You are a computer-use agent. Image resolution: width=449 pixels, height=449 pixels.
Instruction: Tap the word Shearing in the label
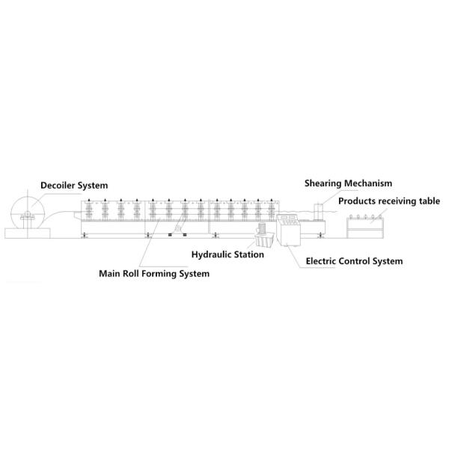(323, 183)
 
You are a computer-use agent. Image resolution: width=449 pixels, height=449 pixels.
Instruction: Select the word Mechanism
(368, 183)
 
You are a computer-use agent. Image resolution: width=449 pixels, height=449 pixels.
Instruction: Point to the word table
(430, 201)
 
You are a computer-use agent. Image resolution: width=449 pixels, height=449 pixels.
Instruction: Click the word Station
(249, 254)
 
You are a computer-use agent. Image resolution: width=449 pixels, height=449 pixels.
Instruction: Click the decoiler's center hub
(28, 213)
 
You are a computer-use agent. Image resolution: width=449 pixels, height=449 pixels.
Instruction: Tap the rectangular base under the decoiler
(28, 233)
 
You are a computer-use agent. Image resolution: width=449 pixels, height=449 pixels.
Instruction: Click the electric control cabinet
(288, 230)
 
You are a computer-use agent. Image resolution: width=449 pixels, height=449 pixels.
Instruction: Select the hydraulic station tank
(264, 240)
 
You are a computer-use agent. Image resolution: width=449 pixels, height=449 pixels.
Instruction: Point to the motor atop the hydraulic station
(261, 228)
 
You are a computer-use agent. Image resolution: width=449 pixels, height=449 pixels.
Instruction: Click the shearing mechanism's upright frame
(318, 212)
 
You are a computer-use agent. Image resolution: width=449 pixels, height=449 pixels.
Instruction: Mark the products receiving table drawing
(365, 227)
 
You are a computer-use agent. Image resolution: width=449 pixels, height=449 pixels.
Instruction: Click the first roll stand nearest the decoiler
(89, 210)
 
